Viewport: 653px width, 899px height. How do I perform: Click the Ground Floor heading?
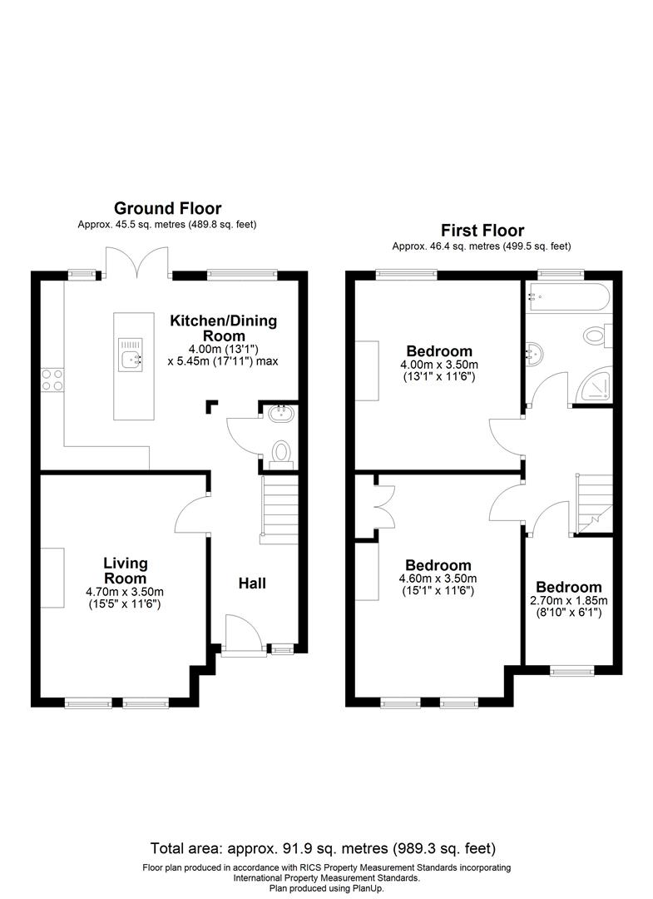click(167, 208)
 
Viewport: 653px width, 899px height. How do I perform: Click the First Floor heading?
click(482, 230)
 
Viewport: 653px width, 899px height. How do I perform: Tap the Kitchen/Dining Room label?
click(224, 328)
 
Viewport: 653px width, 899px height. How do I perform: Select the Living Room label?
click(126, 571)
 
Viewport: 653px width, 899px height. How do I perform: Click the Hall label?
click(252, 584)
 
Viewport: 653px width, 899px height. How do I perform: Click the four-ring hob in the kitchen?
click(50, 380)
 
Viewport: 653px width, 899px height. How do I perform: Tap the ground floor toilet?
click(283, 450)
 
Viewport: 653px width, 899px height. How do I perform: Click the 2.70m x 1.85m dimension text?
click(569, 600)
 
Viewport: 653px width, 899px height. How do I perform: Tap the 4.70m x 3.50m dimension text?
click(126, 592)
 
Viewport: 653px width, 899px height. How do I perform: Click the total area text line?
click(324, 849)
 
